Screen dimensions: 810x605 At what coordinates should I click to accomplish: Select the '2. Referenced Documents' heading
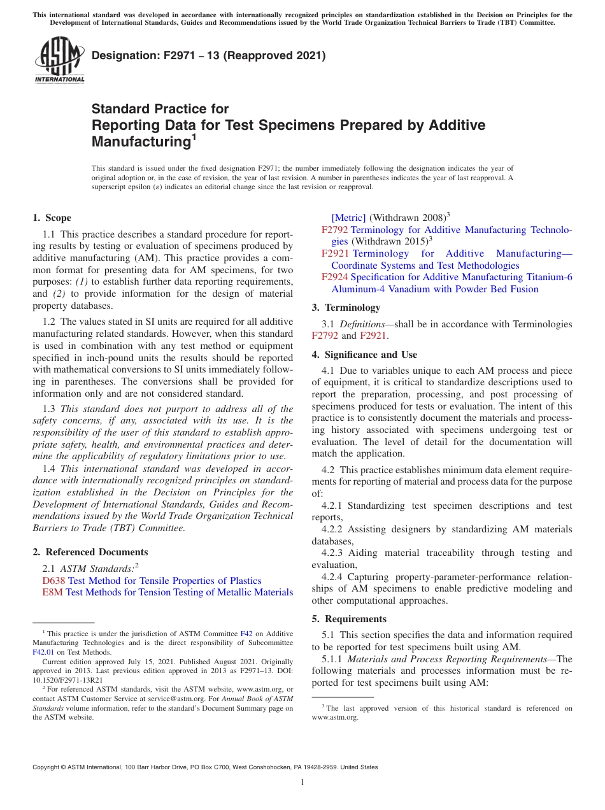click(x=90, y=552)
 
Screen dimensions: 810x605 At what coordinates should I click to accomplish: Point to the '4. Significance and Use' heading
click(x=364, y=355)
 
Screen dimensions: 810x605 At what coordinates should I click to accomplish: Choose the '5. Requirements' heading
click(x=349, y=619)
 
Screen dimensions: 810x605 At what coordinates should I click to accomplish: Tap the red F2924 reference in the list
click(x=334, y=277)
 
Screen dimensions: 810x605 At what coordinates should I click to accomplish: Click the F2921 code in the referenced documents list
click(x=334, y=253)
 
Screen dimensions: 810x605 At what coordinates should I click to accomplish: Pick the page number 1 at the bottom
click(x=302, y=782)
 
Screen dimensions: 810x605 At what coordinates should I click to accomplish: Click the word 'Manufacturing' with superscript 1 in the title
click(x=141, y=141)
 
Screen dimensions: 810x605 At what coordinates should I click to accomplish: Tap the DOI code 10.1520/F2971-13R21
click(x=68, y=680)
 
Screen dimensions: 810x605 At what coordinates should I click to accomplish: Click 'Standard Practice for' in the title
click(x=160, y=109)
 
